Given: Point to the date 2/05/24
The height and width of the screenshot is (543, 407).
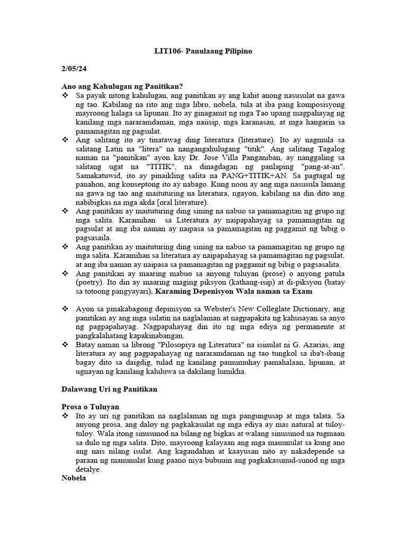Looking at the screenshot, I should coord(73,69).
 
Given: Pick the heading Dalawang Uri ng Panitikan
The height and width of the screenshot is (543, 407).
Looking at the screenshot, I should coord(110,389).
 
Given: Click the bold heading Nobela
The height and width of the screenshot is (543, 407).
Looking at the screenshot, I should coord(74,478).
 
